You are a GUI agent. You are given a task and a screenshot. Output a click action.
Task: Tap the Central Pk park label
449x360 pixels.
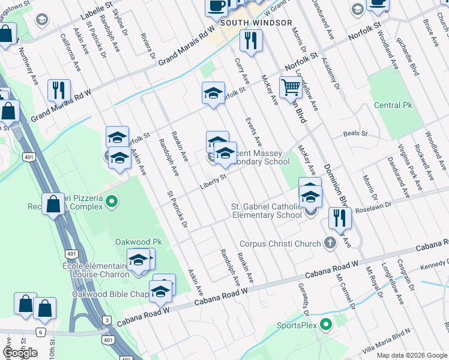(394, 106)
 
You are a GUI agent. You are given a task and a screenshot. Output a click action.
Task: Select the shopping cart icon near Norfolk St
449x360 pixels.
(291, 87)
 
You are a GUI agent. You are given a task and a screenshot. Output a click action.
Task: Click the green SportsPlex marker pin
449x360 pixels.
(326, 326)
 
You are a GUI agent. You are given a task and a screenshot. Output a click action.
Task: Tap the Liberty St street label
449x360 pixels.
(213, 179)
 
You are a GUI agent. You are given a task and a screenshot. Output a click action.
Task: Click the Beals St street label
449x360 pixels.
(354, 133)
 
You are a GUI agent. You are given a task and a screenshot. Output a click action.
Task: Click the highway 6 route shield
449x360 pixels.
(40, 332)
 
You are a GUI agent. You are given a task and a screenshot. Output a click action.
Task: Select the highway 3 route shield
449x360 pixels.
(106, 321)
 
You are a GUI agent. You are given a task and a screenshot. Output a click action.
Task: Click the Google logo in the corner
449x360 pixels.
(20, 352)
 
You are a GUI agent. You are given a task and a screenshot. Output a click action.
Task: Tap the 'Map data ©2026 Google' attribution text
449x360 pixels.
(411, 355)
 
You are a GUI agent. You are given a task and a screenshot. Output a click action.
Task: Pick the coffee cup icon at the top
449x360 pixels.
(216, 6)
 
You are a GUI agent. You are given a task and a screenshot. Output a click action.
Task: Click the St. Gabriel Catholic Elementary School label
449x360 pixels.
(267, 210)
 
